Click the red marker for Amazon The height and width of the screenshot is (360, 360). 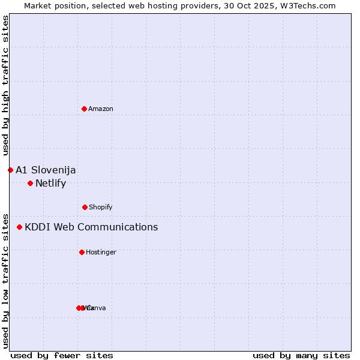click(x=84, y=109)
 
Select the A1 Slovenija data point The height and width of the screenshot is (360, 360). click(x=10, y=170)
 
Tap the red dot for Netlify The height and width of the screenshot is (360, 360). click(x=30, y=183)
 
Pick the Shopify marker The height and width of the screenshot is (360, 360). click(x=85, y=207)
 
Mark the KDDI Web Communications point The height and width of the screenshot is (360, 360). click(x=20, y=227)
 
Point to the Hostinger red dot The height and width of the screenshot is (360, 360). click(x=82, y=252)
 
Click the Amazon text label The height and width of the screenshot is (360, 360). click(x=101, y=109)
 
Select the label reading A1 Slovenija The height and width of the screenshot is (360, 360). click(x=46, y=170)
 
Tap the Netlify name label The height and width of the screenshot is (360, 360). click(x=50, y=183)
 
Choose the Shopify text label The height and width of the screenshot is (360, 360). click(x=101, y=207)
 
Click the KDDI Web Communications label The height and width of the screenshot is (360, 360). click(x=91, y=227)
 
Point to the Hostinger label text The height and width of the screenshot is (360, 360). click(x=101, y=252)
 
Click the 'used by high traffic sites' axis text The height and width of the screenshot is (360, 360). click(x=5, y=85)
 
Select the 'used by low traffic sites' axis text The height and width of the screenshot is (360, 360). click(x=5, y=280)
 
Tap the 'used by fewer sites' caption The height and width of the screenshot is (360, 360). click(x=62, y=355)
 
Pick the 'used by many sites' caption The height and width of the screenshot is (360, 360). click(x=301, y=355)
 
